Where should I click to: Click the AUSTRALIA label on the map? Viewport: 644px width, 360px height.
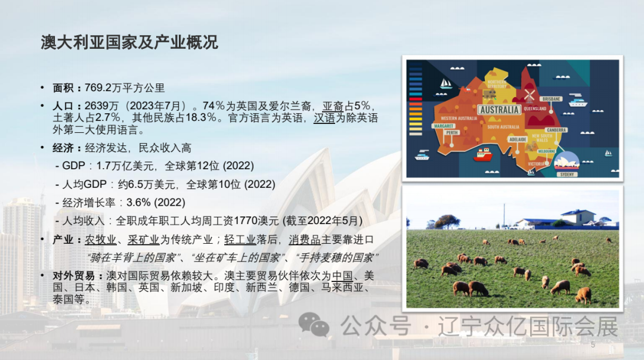tap(499, 110)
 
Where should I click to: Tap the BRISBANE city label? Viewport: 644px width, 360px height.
tap(552, 98)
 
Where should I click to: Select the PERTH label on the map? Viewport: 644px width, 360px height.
tap(451, 132)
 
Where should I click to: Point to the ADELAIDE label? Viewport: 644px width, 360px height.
tap(518, 139)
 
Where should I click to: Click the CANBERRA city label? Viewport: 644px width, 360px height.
tap(556, 129)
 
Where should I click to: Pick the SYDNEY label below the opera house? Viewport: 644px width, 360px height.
tap(567, 174)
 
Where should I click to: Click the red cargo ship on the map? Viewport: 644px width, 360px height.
tap(482, 155)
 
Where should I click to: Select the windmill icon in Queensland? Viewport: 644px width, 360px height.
tap(529, 95)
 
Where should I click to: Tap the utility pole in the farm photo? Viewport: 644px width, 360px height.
tap(504, 215)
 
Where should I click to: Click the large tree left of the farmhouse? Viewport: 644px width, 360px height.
tap(447, 221)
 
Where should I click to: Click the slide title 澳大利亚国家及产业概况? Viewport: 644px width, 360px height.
tap(129, 42)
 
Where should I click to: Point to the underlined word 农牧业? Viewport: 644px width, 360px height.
tap(100, 240)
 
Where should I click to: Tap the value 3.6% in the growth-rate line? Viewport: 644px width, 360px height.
tap(139, 202)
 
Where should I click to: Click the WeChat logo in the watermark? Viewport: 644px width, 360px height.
tap(314, 325)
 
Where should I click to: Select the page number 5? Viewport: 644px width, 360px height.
tap(593, 345)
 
